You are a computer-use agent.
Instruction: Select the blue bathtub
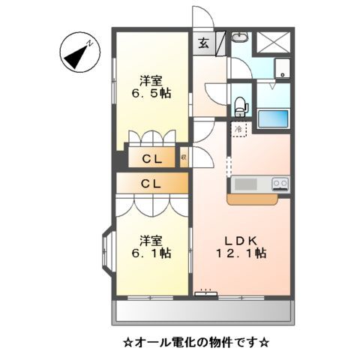coord(272,118)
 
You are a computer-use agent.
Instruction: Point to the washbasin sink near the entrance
coord(239,38)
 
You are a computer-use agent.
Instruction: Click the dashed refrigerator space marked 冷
coord(238,130)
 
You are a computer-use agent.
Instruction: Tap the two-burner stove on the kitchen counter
coord(280,183)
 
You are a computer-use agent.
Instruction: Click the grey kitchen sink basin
coord(245,184)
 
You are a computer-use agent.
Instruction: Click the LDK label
coord(242,240)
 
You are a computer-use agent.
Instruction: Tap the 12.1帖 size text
coord(242,254)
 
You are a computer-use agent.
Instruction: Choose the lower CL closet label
coord(151,183)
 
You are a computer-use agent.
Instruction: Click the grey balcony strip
coord(202,310)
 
